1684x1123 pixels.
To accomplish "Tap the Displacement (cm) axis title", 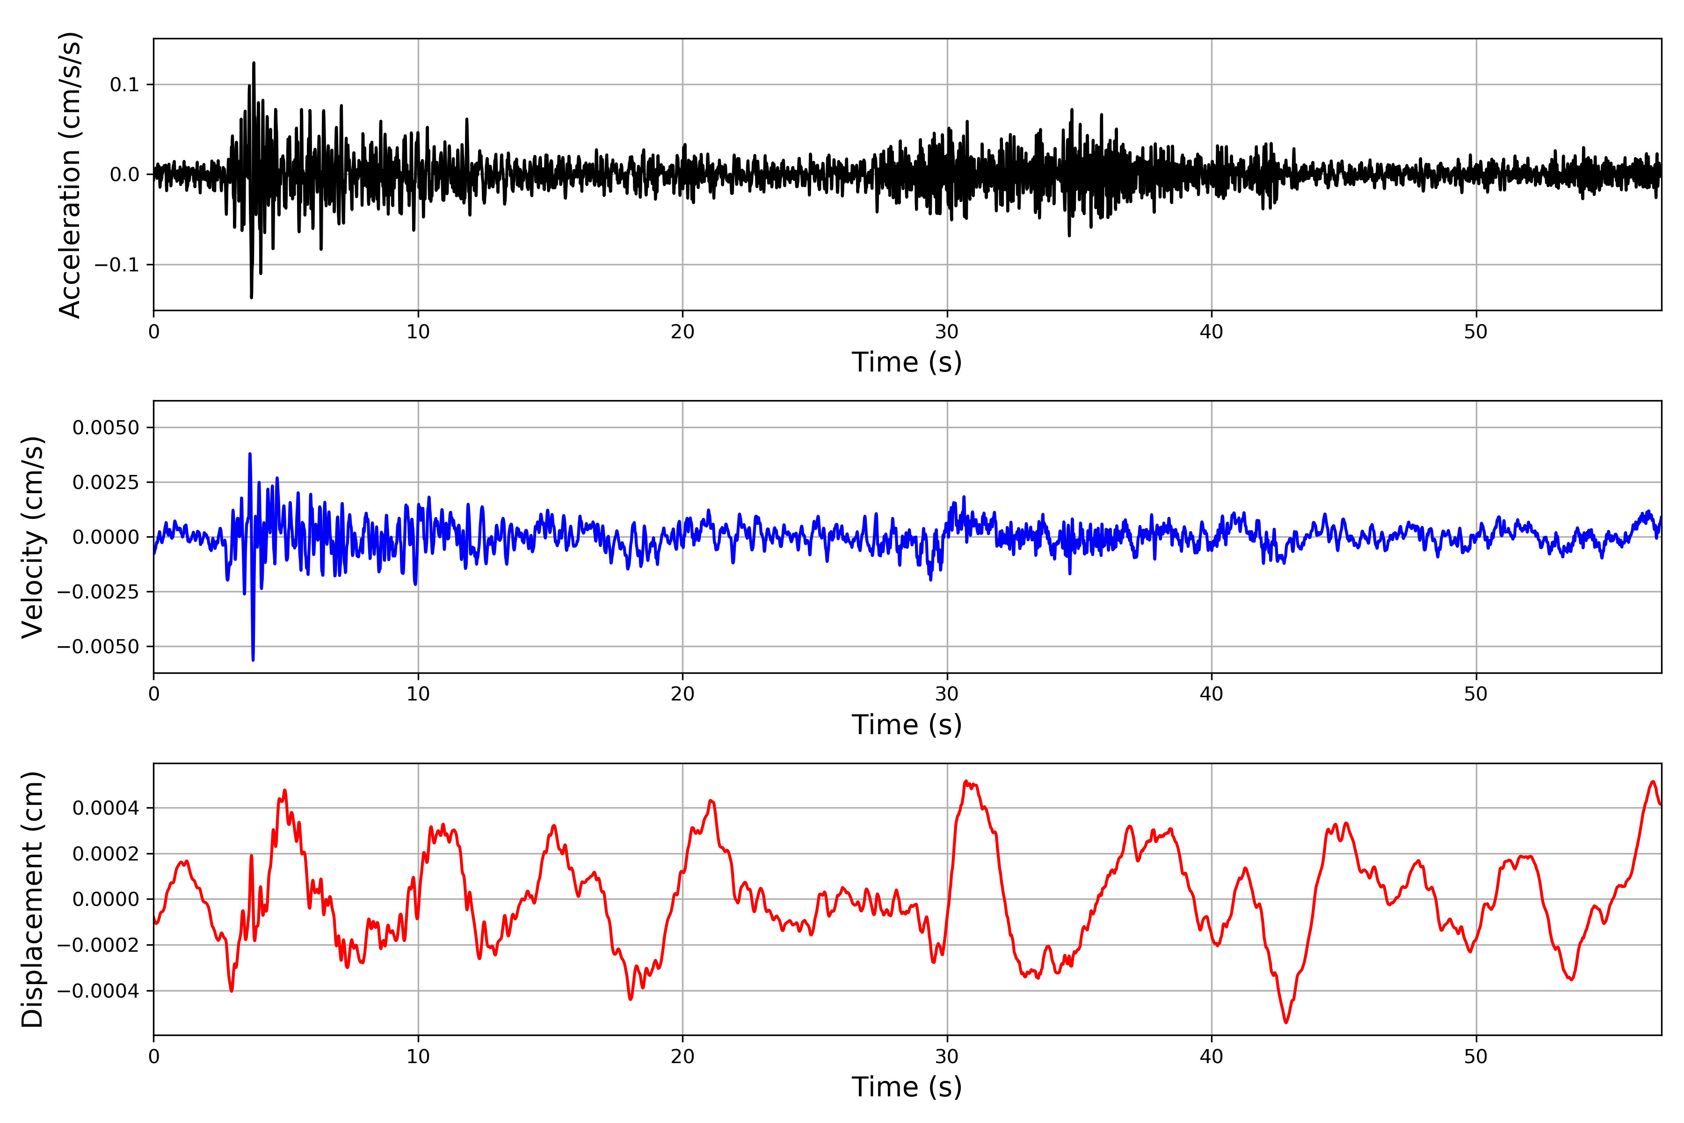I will coord(32,899).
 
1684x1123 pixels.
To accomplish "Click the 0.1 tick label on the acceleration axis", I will coord(124,85).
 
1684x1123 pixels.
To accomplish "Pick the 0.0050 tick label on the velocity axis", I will coord(106,428).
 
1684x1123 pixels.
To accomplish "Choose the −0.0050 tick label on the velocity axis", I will coord(99,647).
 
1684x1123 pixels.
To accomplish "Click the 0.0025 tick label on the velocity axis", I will coord(106,482).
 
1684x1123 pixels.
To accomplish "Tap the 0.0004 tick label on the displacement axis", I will coord(106,809).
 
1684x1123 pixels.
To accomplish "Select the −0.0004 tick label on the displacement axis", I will coord(99,991).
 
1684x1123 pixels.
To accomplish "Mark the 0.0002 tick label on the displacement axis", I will coord(106,853).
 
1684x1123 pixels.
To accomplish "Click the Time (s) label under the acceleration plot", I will coord(907,362).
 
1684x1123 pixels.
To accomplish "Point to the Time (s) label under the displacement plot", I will coord(907,1087).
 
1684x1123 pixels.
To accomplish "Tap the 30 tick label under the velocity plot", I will coord(946,694).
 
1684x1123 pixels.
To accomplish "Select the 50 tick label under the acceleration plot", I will coord(1476,332).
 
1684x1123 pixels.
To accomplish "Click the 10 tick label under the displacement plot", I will coord(418,1057).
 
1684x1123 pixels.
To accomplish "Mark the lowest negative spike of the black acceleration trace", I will coord(251,297).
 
